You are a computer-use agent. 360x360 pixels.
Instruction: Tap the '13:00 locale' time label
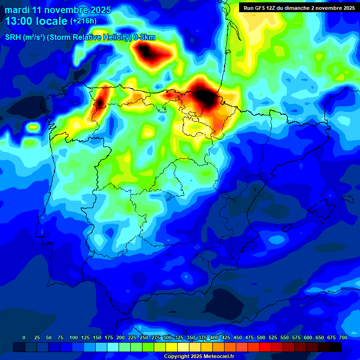pos(37,21)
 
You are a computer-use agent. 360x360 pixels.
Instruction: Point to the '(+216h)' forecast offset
pos(83,21)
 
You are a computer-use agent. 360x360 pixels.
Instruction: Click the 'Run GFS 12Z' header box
pos(297,7)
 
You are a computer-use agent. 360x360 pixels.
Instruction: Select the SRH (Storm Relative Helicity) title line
pos(80,37)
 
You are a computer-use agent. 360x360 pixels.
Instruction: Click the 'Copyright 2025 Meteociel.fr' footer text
pos(199,357)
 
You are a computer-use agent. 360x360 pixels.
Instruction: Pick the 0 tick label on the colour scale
pos(24,337)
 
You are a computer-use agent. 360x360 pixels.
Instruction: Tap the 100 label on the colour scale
pos(74,337)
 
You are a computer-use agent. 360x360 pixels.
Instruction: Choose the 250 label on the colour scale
pos(144,337)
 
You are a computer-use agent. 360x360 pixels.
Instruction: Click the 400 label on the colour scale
pos(214,337)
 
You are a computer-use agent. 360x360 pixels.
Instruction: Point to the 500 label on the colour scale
pos(261,337)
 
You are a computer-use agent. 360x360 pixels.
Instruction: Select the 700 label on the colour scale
pos(343,337)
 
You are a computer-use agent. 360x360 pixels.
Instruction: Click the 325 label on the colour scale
pos(179,337)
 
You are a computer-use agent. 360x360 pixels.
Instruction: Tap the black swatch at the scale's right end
pos(336,347)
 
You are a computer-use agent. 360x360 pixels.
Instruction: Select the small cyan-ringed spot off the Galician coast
pos(33,127)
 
